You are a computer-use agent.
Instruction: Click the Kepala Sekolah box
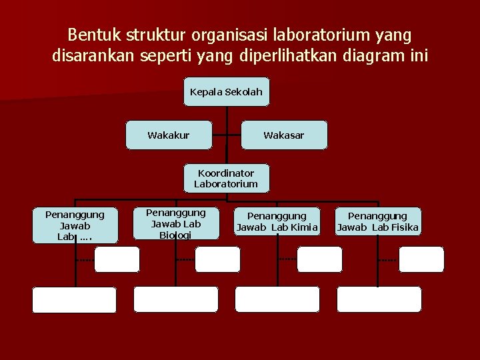pos(226,91)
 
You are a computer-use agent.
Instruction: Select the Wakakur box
pos(169,135)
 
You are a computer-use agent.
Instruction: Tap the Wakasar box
pos(284,135)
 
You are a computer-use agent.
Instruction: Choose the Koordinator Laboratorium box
pos(226,178)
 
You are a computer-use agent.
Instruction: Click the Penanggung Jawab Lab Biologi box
pos(176,223)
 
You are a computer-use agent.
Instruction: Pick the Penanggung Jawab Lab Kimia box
pos(277,222)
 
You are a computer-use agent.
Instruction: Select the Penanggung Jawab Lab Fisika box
pos(378,222)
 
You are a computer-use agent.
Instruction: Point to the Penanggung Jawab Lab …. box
pos(75,225)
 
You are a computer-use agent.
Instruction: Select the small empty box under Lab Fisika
pos(421,259)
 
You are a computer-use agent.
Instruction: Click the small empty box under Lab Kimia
pos(319,259)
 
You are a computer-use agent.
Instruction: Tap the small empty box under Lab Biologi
pos(217,259)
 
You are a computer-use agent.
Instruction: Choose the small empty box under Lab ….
pos(117,259)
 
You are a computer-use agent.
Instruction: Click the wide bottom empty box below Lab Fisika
pos(379,299)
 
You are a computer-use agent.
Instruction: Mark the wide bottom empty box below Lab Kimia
pos(277,299)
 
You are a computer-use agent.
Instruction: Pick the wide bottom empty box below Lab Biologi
pos(175,299)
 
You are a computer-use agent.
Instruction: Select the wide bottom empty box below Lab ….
pos(74,300)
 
